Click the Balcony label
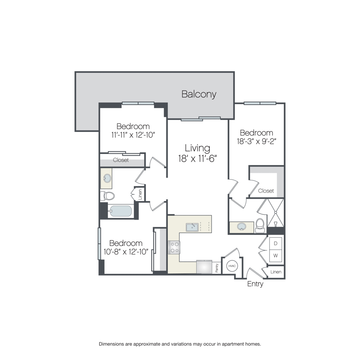199,94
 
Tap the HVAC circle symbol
232,266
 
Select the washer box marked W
276,256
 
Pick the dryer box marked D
276,243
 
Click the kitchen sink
192,227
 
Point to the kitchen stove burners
174,247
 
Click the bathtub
121,211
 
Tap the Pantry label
216,268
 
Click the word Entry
255,284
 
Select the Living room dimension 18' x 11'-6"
198,158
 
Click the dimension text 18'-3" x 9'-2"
256,141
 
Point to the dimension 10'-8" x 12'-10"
126,252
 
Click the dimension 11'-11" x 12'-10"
133,135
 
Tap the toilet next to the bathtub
107,196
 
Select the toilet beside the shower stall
260,225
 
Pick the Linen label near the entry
276,272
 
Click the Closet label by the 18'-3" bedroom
266,191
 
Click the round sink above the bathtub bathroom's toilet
107,178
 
